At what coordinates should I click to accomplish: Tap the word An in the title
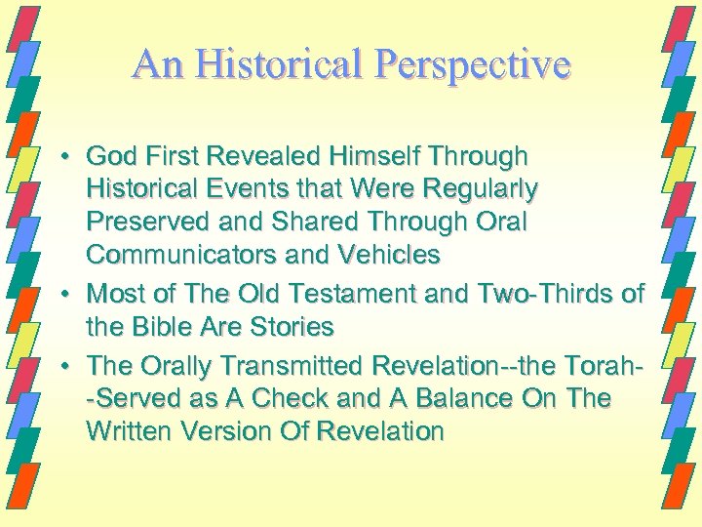(153, 64)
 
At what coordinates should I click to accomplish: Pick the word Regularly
(469, 189)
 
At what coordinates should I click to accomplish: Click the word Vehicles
(387, 256)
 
